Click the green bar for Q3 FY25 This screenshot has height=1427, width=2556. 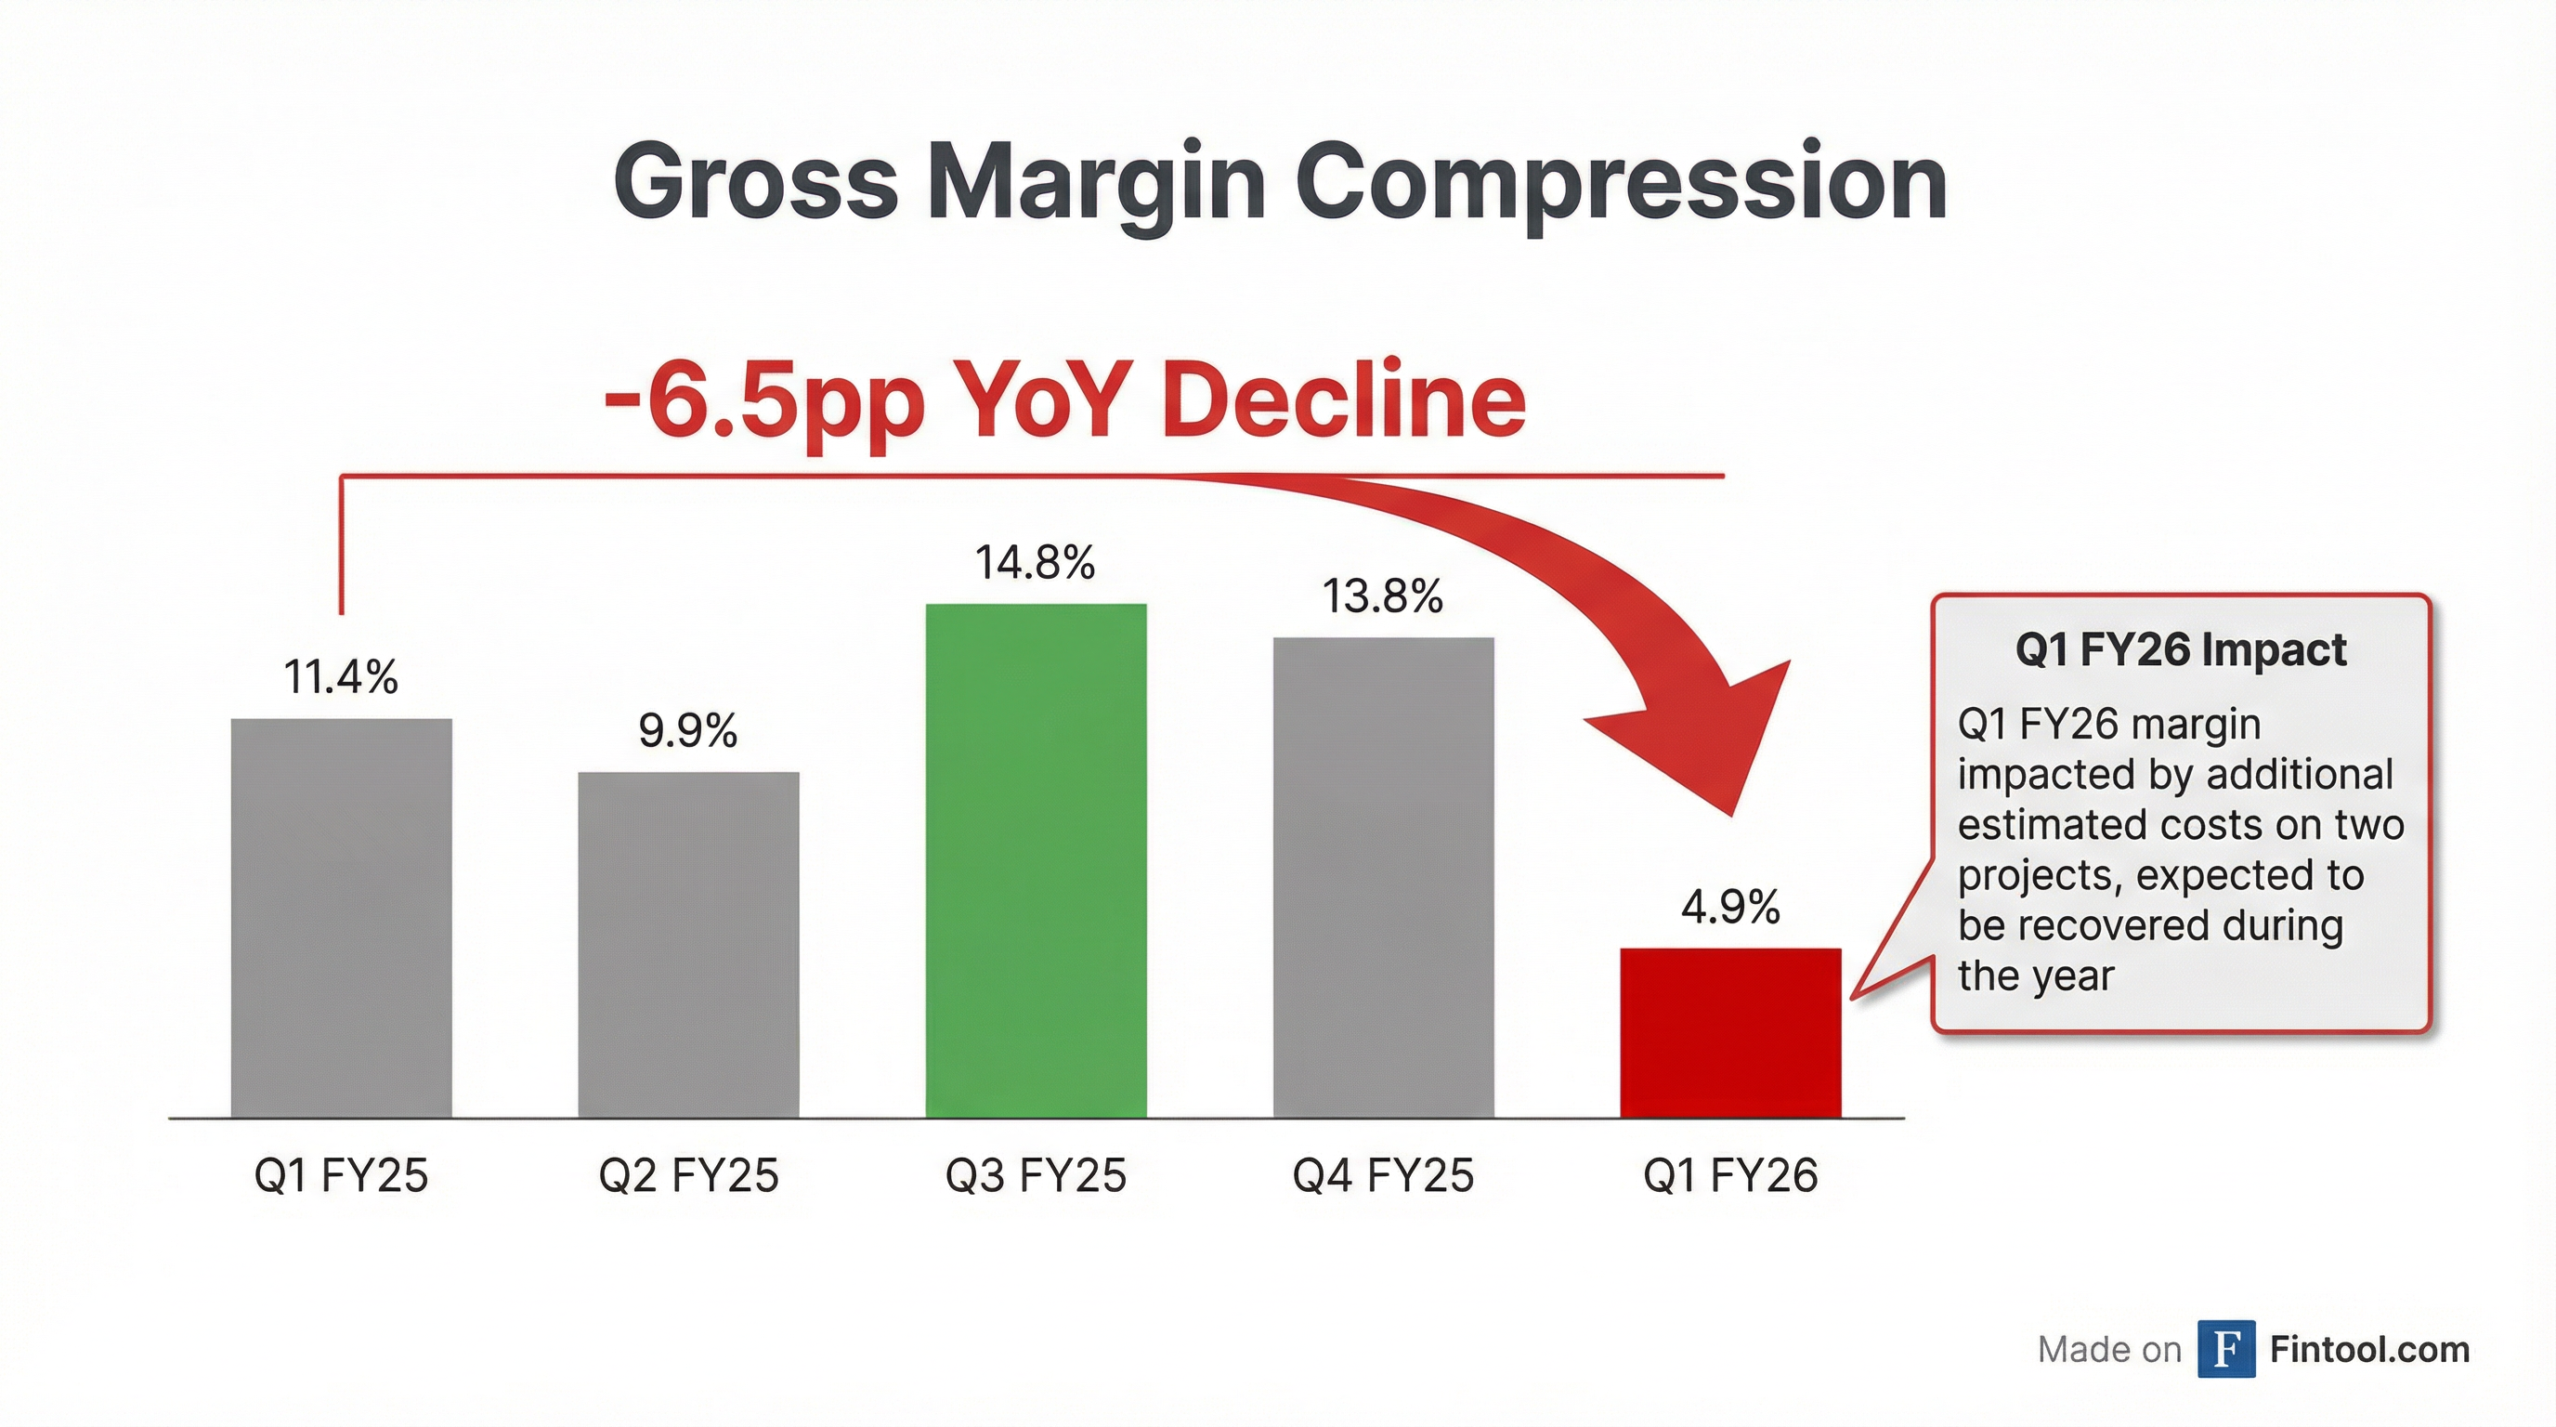[1036, 860]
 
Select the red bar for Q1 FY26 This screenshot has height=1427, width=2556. [1730, 1032]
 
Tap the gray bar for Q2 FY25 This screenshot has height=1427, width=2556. [688, 945]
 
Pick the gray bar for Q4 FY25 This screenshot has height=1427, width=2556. [1383, 877]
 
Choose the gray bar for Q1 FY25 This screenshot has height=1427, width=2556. [342, 918]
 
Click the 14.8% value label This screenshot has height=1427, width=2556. [1035, 563]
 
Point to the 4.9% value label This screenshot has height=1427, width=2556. [1730, 907]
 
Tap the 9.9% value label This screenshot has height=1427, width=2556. [687, 731]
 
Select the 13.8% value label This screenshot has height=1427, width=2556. [1382, 596]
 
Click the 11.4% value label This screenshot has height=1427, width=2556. [340, 678]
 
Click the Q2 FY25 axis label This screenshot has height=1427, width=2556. [688, 1176]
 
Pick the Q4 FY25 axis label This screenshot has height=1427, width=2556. [1383, 1176]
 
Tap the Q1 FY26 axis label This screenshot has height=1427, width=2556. [1730, 1176]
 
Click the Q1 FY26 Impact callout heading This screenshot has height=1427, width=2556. [2181, 651]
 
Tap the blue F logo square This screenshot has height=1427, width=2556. [2225, 1350]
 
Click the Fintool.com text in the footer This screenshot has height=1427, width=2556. [2369, 1350]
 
